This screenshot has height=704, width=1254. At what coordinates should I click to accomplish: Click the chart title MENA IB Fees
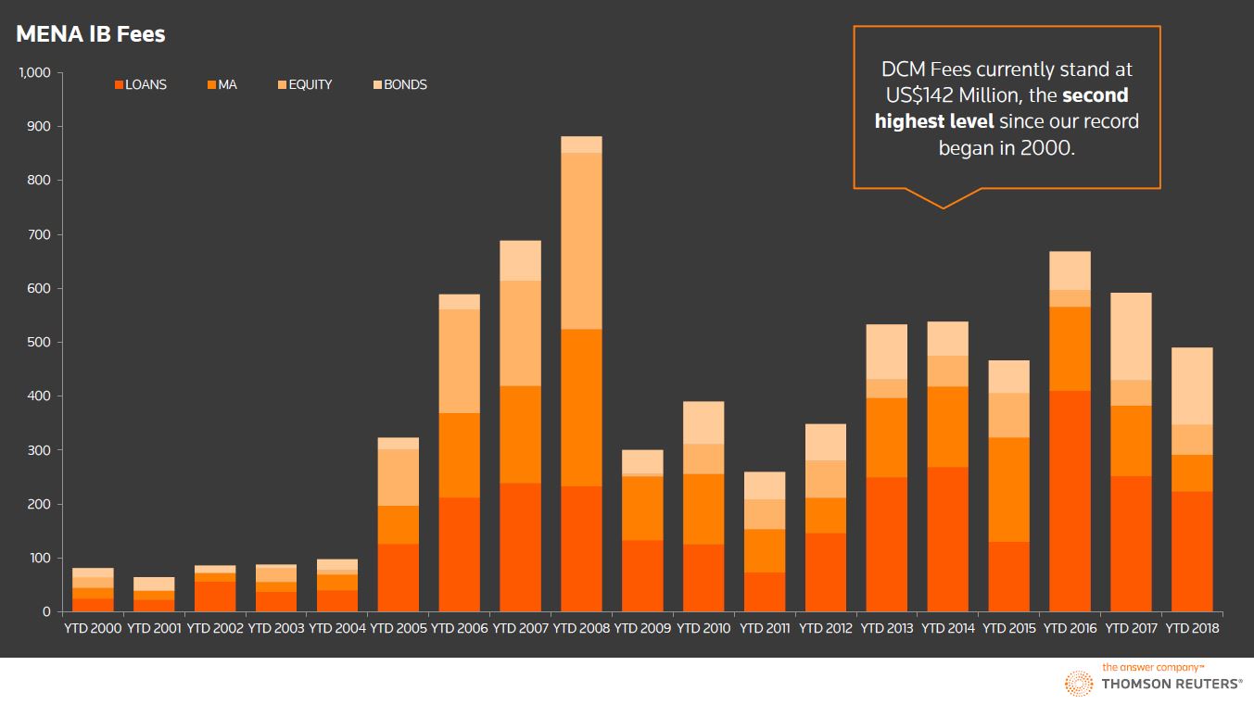tap(90, 35)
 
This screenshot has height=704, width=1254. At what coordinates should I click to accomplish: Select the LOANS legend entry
tap(140, 84)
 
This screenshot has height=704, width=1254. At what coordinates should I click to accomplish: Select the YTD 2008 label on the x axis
tap(582, 628)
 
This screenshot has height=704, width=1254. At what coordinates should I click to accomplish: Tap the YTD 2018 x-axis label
tap(1192, 628)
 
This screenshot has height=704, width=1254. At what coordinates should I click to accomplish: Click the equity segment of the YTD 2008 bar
tap(582, 241)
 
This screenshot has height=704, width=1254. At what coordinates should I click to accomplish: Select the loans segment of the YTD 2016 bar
tap(1070, 500)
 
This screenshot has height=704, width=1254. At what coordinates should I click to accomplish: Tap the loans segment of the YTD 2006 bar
tap(460, 554)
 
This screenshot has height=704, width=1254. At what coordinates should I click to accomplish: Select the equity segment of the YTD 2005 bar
tap(399, 477)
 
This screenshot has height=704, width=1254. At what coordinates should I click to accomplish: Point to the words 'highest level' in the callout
tap(934, 121)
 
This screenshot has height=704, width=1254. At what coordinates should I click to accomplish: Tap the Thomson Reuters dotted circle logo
tap(1078, 684)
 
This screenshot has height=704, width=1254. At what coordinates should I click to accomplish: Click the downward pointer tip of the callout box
tap(944, 207)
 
